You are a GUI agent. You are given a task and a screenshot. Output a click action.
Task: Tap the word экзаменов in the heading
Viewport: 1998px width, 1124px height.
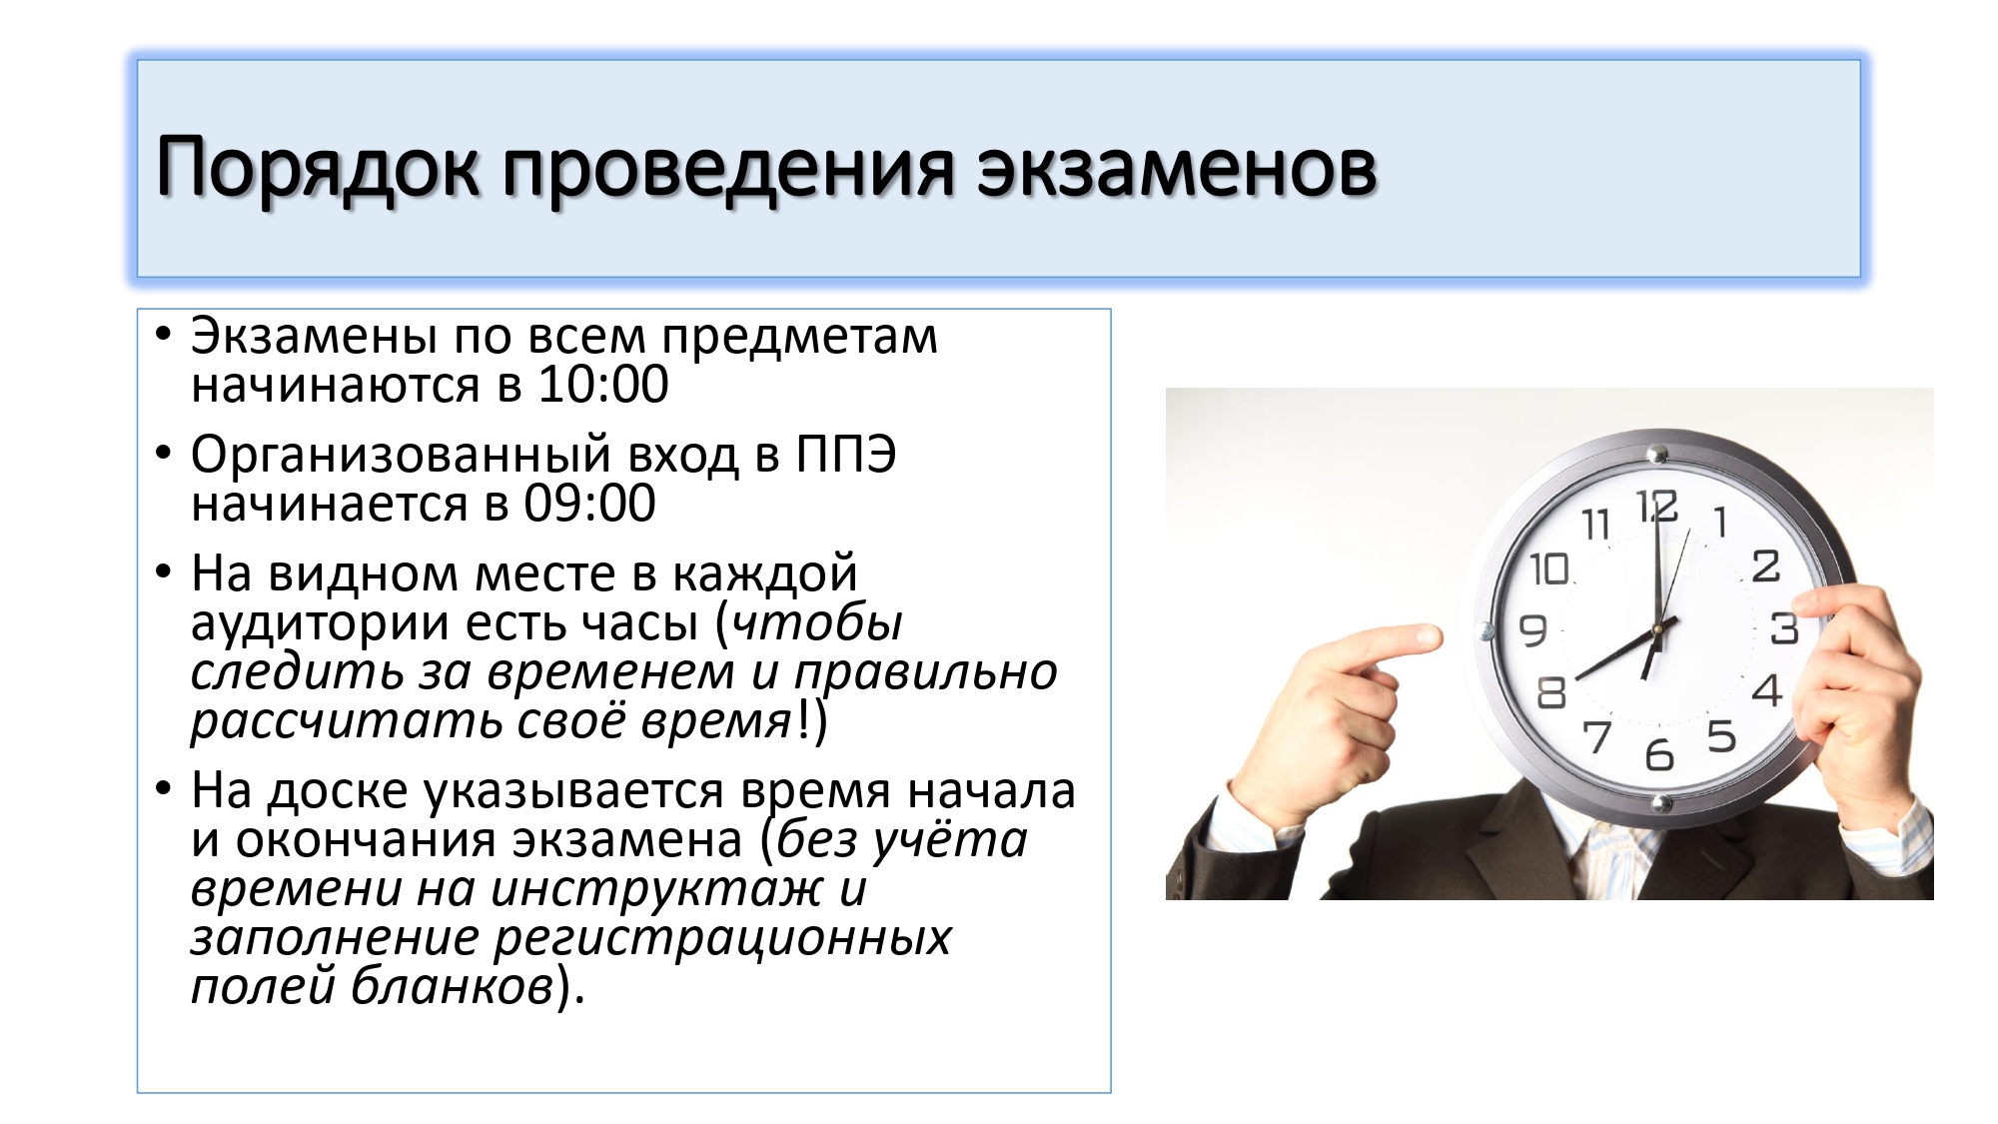[x=1177, y=168]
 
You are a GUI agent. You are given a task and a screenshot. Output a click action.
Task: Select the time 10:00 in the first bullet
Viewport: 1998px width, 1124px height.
[x=602, y=385]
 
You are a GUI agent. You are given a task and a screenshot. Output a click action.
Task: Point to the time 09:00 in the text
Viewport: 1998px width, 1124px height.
[x=589, y=504]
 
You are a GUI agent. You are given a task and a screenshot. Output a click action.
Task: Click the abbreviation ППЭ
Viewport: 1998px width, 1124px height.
[x=845, y=455]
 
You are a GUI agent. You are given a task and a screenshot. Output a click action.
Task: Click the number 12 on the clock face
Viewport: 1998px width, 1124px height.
[x=1656, y=507]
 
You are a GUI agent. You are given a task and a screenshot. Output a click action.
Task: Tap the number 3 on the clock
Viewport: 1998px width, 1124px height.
[x=1784, y=628]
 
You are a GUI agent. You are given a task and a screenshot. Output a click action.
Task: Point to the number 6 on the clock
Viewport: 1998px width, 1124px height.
[x=1659, y=754]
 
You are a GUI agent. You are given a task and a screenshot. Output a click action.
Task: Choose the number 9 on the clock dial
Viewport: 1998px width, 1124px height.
[x=1532, y=630]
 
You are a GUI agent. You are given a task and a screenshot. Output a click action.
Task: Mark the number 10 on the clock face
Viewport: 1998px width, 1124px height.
[x=1549, y=569]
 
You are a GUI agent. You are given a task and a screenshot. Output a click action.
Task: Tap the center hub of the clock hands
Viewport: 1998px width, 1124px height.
[x=1656, y=629]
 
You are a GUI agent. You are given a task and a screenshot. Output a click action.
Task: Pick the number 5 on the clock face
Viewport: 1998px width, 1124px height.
[x=1721, y=737]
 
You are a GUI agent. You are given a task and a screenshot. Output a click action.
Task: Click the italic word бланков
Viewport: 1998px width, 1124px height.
[x=452, y=987]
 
